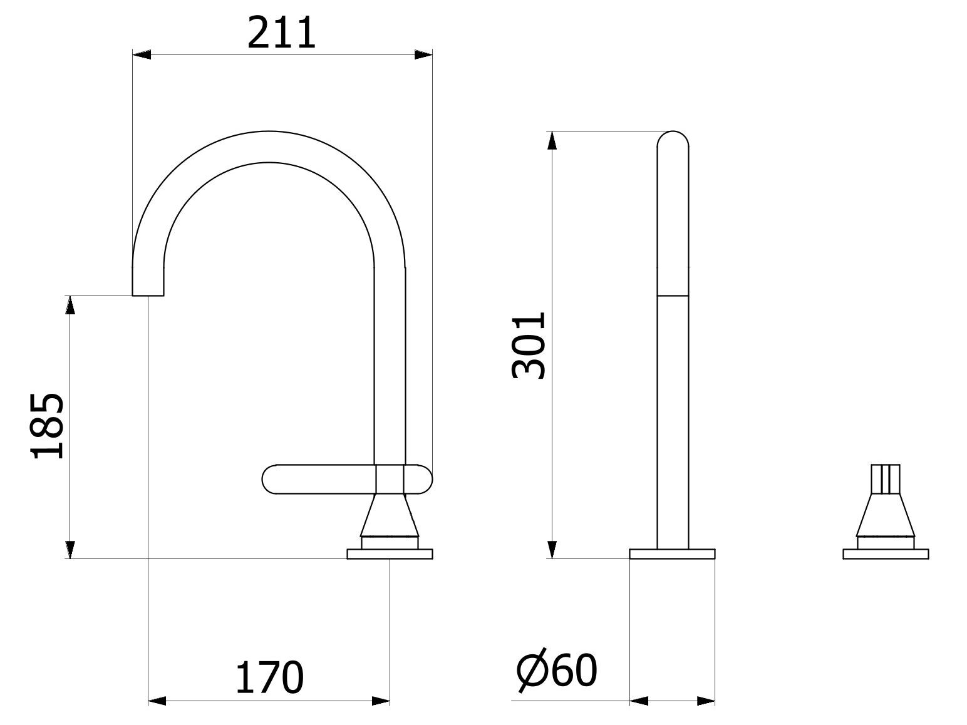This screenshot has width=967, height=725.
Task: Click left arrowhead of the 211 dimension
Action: (142, 55)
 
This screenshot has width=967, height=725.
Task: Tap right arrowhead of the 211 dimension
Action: (423, 55)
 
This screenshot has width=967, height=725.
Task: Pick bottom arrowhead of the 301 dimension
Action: (552, 548)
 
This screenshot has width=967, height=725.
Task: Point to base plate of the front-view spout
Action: (672, 553)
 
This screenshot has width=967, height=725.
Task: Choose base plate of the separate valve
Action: (886, 553)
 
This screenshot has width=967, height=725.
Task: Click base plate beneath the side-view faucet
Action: (390, 553)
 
